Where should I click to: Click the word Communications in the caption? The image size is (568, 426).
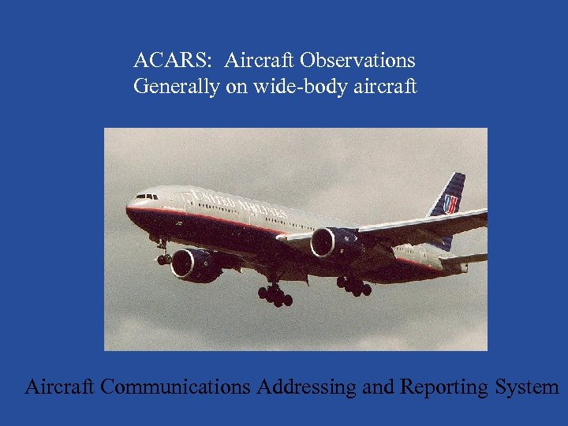[176, 387]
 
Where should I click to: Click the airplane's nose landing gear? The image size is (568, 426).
[164, 257]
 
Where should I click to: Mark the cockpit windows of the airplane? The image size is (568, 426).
[146, 196]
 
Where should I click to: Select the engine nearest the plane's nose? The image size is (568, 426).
[193, 264]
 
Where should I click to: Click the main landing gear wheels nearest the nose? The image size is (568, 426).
[275, 296]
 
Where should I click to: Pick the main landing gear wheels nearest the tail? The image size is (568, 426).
[354, 286]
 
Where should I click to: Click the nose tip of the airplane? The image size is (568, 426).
[128, 211]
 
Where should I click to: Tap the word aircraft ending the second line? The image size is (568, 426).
[384, 86]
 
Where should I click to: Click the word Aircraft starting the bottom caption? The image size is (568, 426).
[60, 387]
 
